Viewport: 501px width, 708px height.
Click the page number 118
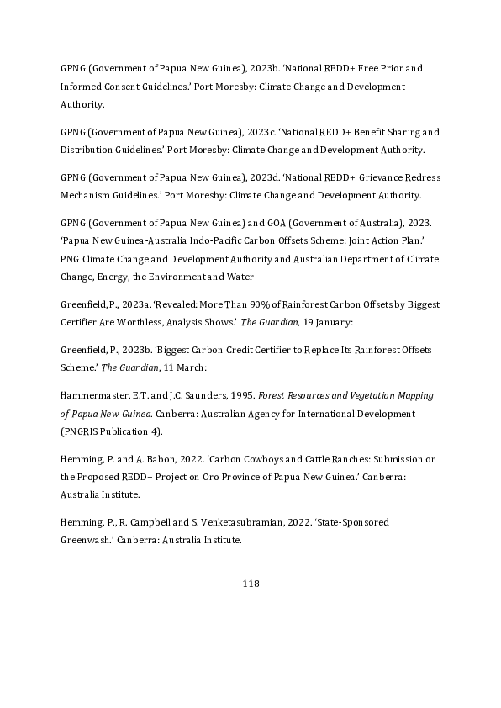pos(250,584)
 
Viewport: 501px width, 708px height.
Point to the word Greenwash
pos(92,541)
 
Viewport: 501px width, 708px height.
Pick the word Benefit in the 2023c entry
pos(353,132)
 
